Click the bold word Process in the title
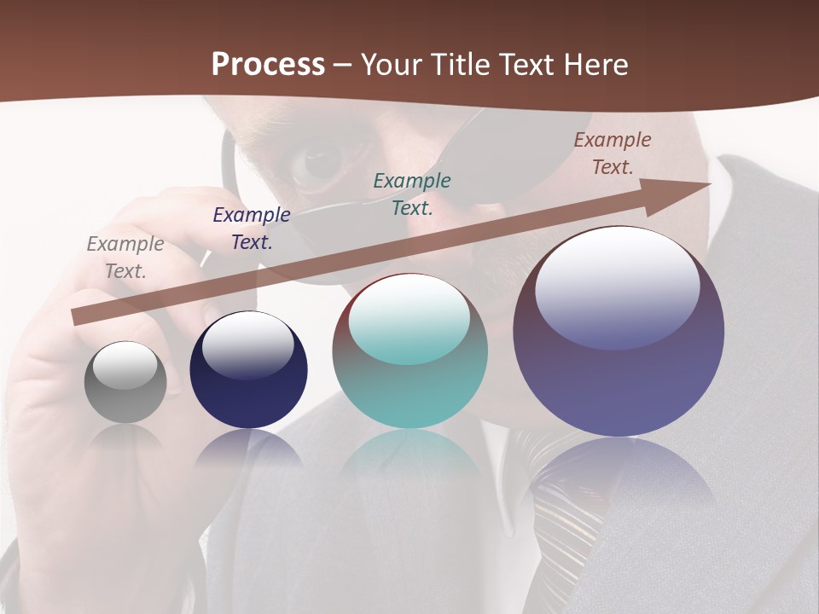click(268, 64)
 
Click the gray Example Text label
click(125, 257)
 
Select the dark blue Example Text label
click(252, 228)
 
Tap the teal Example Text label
click(412, 194)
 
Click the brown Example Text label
click(613, 153)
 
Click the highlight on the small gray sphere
click(125, 365)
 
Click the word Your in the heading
click(392, 64)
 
